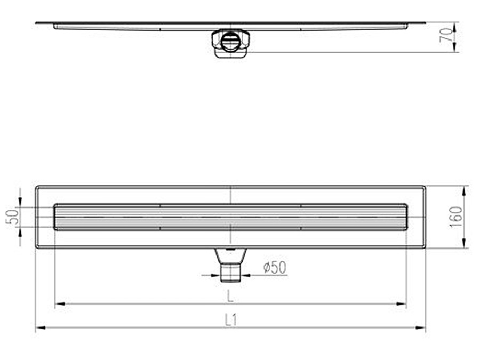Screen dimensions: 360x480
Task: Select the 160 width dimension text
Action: pyautogui.click(x=457, y=217)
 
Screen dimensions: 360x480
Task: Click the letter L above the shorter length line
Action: pyautogui.click(x=230, y=295)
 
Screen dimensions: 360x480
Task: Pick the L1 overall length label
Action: pyautogui.click(x=230, y=320)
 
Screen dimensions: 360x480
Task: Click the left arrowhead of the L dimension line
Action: pyautogui.click(x=59, y=305)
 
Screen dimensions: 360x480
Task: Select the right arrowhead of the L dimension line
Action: pyautogui.click(x=403, y=305)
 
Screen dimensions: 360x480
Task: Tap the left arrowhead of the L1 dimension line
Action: pyautogui.click(x=39, y=328)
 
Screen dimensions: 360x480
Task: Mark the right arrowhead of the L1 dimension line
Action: pyautogui.click(x=422, y=328)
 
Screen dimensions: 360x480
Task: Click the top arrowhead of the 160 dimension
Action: pyautogui.click(x=465, y=189)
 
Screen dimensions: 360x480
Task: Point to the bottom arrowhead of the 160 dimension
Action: pyautogui.click(x=465, y=245)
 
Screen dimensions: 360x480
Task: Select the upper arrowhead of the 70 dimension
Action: pyautogui.click(x=455, y=25)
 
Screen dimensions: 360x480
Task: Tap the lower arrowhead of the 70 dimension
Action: pyautogui.click(x=455, y=49)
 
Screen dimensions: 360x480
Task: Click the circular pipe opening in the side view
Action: pyautogui.click(x=230, y=42)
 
